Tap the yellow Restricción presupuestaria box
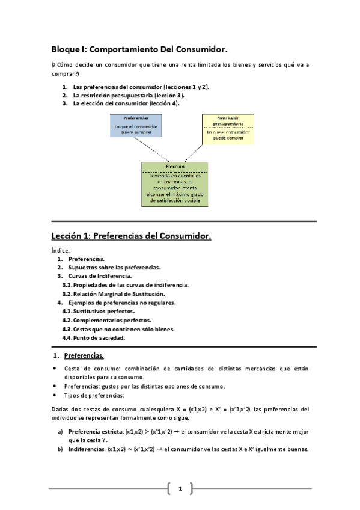click(x=227, y=127)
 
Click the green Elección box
click(x=175, y=184)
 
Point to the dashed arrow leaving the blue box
click(x=143, y=150)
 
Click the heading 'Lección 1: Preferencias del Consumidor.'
click(x=130, y=236)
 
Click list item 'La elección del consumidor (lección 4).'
click(x=126, y=103)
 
